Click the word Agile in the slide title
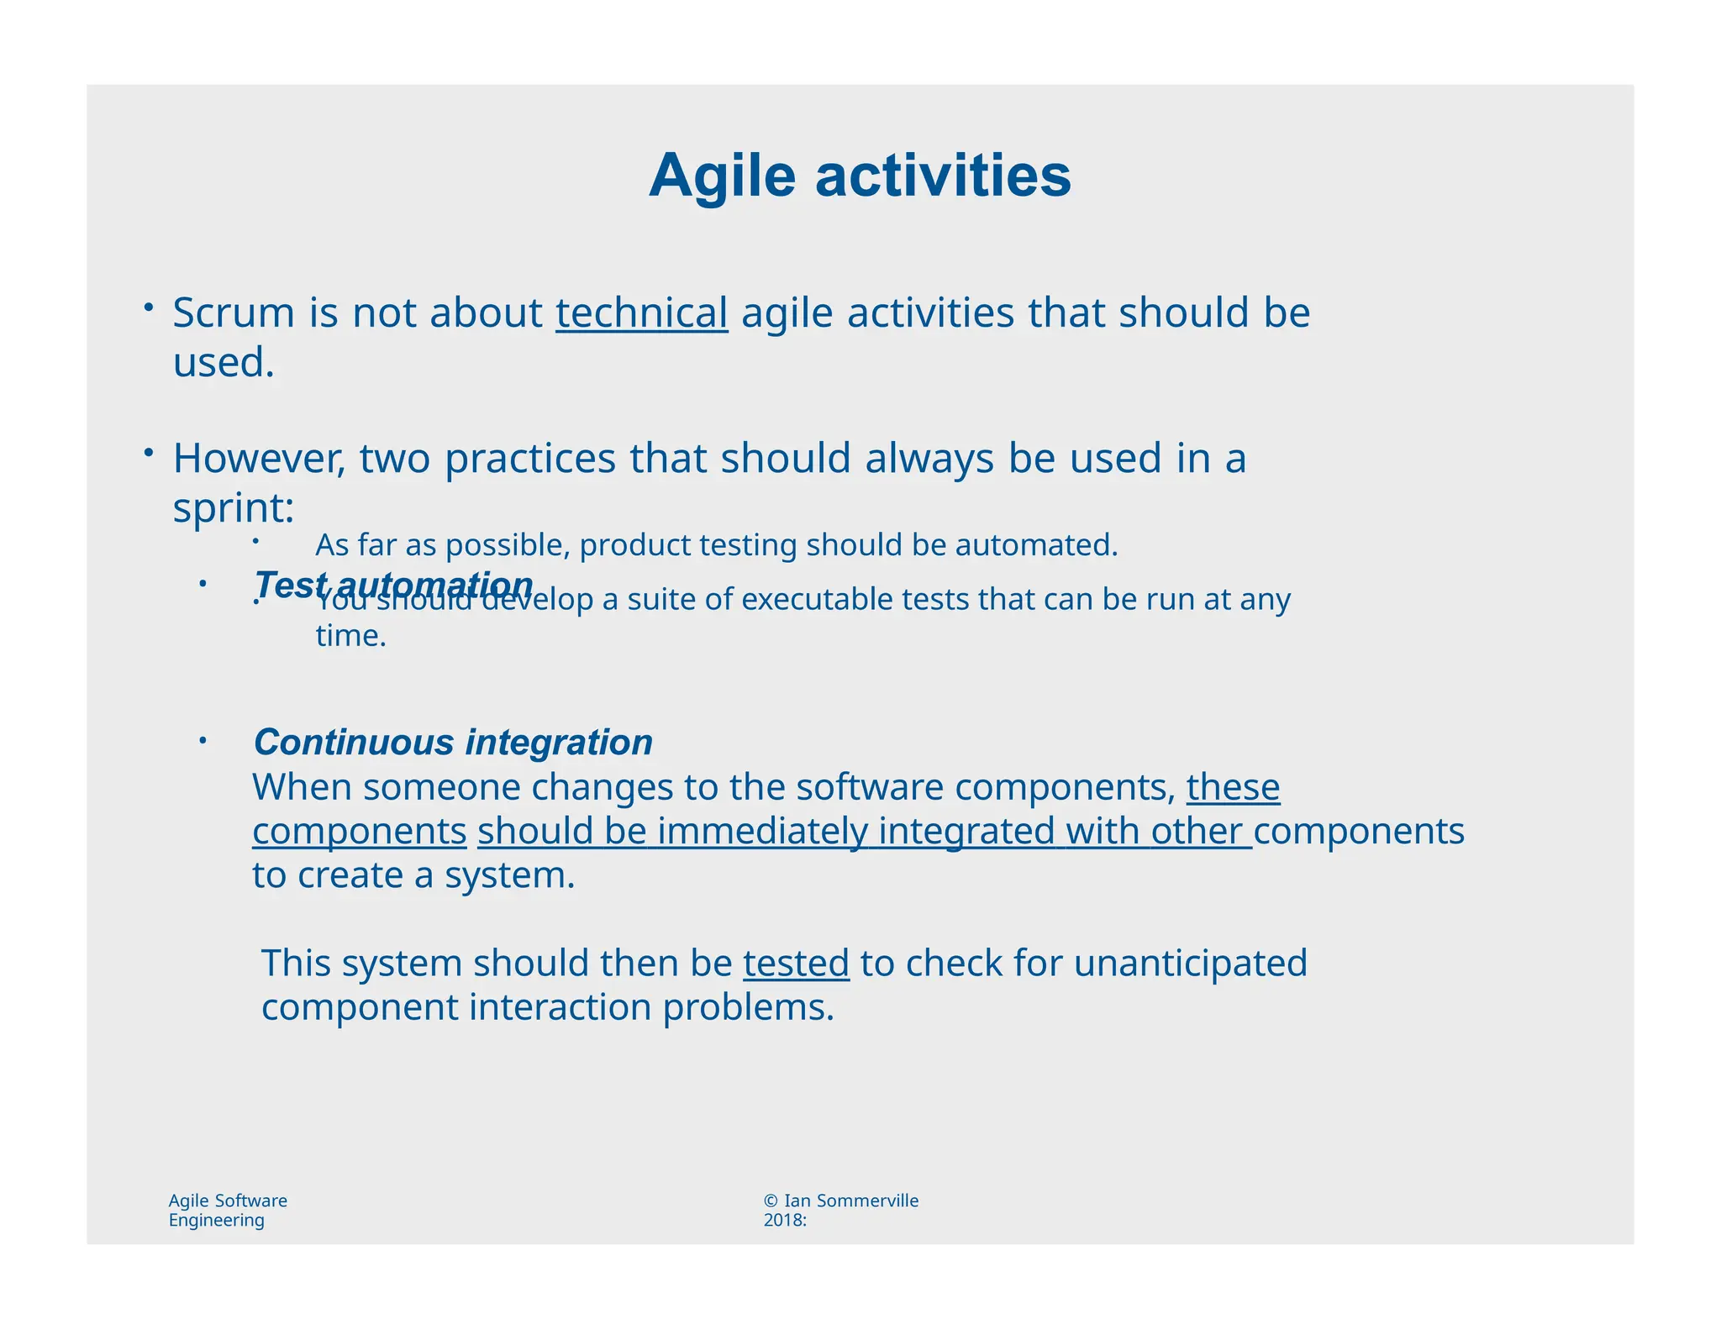721,176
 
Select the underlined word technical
641,313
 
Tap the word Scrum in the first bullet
234,313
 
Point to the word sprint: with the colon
234,508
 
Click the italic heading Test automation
393,585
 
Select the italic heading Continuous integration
453,743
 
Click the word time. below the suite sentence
350,636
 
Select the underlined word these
1233,788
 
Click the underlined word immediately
762,832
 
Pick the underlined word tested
796,964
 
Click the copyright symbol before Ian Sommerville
771,1200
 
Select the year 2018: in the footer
785,1221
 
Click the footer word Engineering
216,1221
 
